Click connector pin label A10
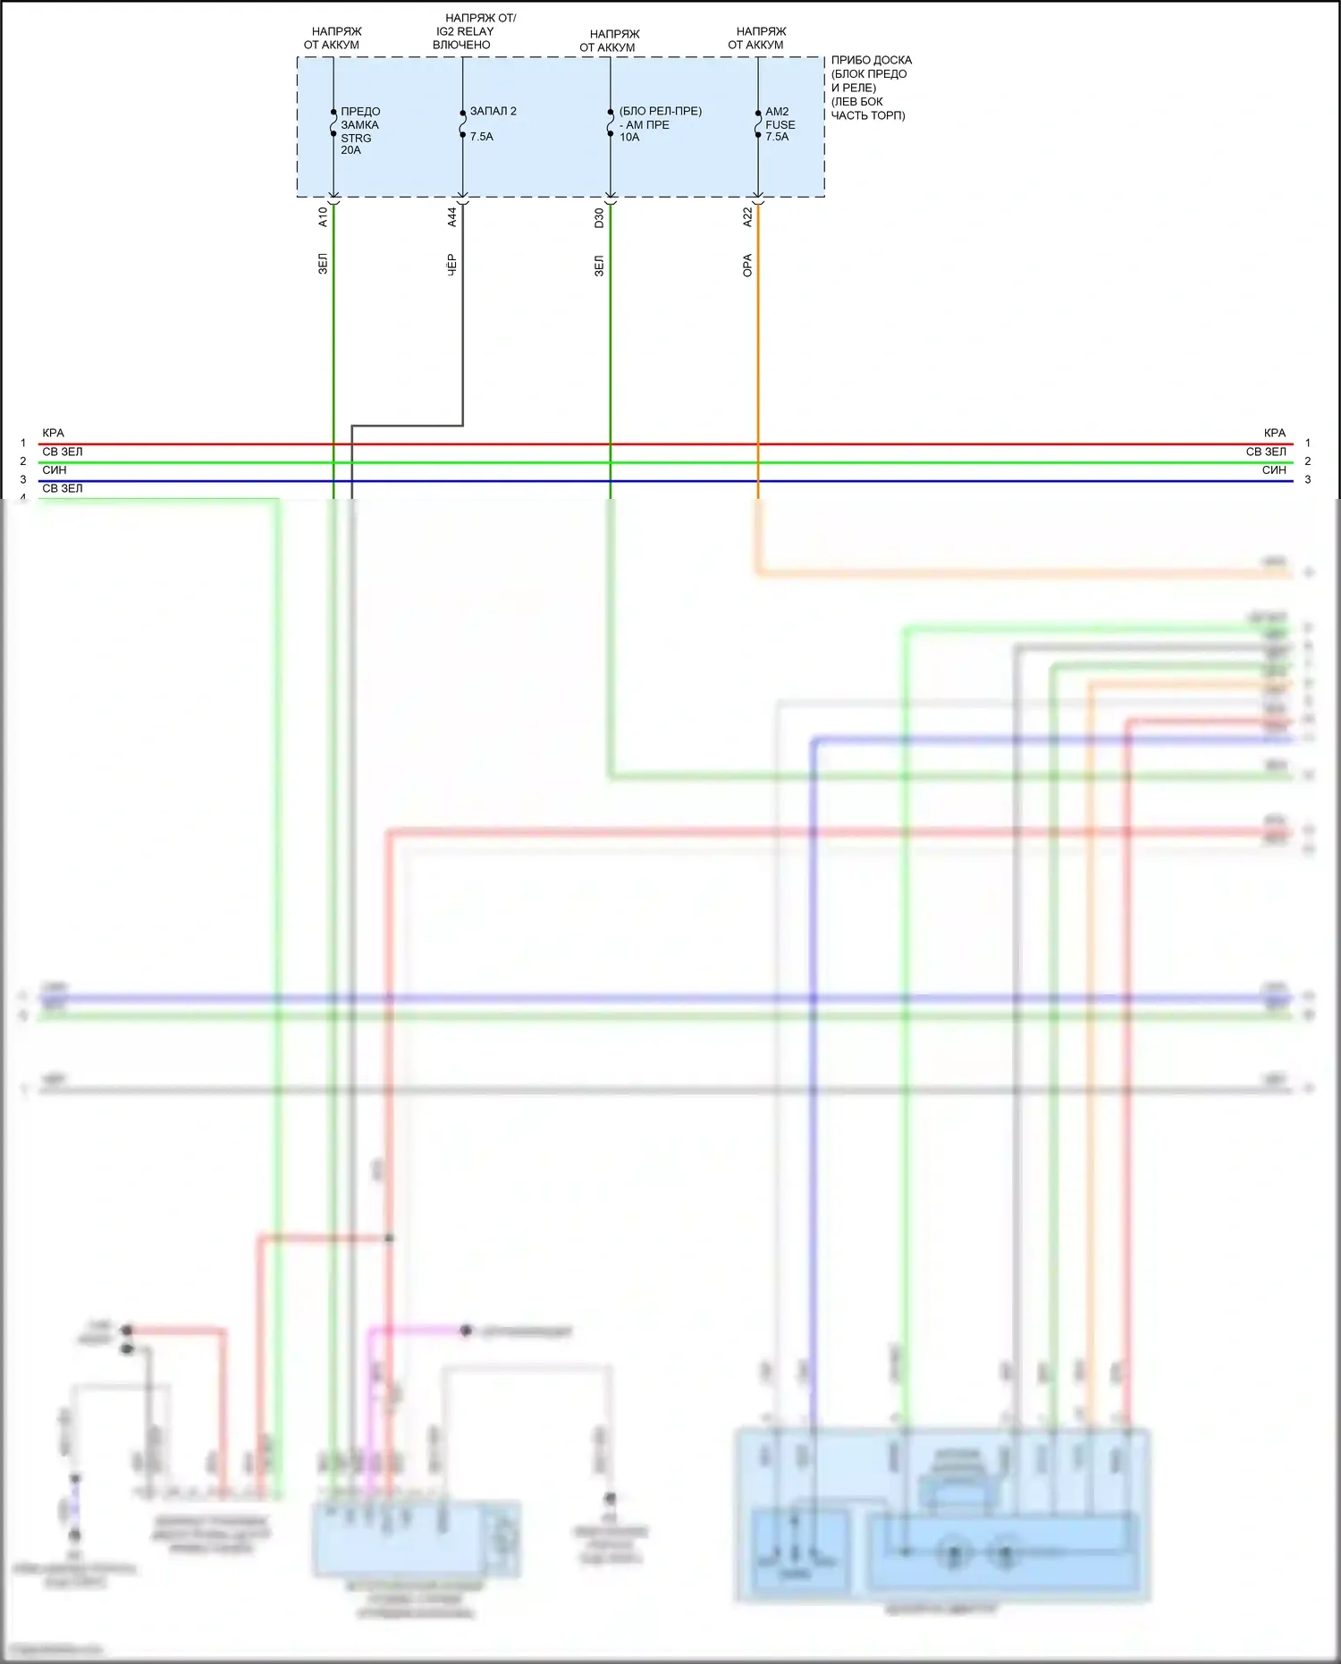click(323, 217)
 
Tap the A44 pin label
click(451, 216)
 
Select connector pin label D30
click(599, 218)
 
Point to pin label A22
click(747, 217)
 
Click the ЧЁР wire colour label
click(451, 265)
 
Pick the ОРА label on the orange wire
click(747, 266)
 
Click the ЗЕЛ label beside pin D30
click(599, 266)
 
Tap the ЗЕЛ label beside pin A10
click(323, 264)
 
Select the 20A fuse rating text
click(350, 150)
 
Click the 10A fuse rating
click(629, 138)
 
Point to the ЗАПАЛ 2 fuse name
click(493, 111)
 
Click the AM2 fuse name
click(777, 112)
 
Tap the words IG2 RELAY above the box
click(465, 31)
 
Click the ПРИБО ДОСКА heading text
click(871, 60)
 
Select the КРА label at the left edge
click(53, 433)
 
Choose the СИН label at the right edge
click(1274, 470)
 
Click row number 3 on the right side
click(1307, 480)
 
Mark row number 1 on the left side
click(23, 443)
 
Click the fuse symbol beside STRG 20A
click(333, 123)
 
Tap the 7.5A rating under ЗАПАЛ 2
click(482, 137)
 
